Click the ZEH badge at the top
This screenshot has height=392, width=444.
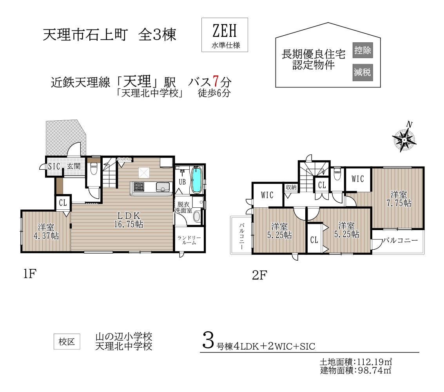pos(225,35)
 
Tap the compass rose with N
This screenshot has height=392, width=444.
pos(404,139)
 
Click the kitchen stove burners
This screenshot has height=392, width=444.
pos(139,187)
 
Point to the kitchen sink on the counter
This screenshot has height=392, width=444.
pos(163,187)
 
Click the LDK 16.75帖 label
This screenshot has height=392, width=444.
pos(129,220)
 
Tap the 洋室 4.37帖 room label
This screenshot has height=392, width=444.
pos(46,231)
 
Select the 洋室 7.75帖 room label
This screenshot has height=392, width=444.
pos(399,199)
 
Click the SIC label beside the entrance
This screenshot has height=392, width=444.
pos(54,166)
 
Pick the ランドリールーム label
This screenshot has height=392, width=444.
pos(189,240)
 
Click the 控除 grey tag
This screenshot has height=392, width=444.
pos(362,50)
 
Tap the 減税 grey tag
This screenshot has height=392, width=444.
pos(362,72)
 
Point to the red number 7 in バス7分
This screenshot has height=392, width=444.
pos(216,82)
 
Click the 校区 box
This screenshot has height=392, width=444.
pos(67,341)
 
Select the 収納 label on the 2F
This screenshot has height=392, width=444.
pos(291,187)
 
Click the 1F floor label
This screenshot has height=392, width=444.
pos(30,274)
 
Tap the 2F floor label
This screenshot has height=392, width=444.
pos(259,275)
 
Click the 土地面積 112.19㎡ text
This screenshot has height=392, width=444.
pos(356,362)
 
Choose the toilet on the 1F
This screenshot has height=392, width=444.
pos(93,171)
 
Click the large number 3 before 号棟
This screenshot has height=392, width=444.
pos(208,341)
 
